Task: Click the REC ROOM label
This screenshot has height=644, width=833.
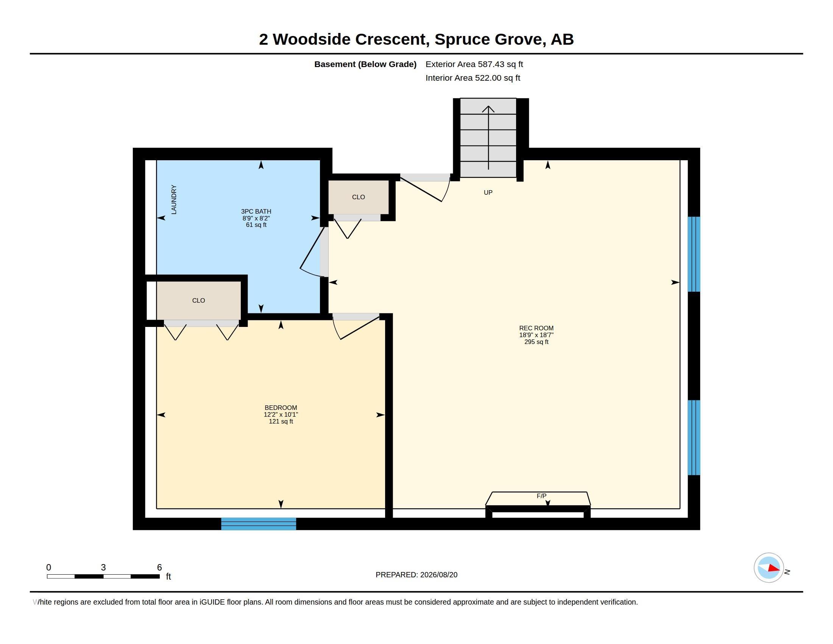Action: [536, 328]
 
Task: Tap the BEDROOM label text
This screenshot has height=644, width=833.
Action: [281, 408]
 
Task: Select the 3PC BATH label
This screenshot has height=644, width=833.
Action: [256, 211]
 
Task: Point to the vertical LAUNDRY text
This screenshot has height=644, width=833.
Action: [174, 200]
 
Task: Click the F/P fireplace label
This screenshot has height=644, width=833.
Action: [541, 496]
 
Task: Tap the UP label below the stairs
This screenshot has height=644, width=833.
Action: [488, 193]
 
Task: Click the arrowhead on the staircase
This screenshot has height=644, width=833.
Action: [488, 109]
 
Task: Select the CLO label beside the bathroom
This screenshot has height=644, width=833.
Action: [359, 197]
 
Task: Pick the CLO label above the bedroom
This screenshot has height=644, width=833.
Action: [199, 301]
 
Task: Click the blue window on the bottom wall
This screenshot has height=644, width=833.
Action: [259, 524]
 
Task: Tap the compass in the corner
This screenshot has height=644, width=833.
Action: [769, 568]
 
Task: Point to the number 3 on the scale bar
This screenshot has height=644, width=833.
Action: [103, 567]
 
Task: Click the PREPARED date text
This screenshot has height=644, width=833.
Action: [416, 575]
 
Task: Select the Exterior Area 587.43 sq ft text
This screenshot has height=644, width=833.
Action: [474, 64]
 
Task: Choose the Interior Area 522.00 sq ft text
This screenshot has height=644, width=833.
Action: [473, 78]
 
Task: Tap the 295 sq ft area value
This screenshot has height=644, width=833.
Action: [536, 342]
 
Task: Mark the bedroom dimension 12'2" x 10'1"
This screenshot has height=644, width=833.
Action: [281, 414]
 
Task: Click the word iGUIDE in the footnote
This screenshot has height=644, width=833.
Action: [212, 602]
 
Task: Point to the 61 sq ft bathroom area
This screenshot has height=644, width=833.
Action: [256, 225]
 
